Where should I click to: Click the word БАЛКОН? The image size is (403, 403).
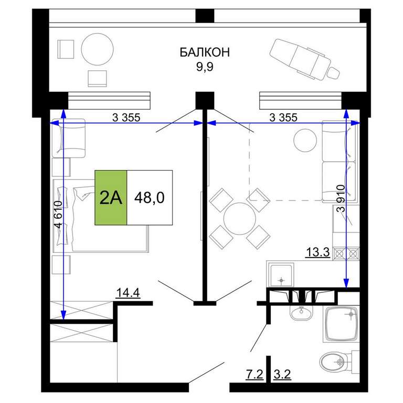pyautogui.click(x=204, y=52)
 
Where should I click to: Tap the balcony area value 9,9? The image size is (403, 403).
pyautogui.click(x=205, y=67)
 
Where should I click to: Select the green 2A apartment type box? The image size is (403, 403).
pyautogui.click(x=111, y=198)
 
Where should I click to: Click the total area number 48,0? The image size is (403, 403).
pyautogui.click(x=150, y=198)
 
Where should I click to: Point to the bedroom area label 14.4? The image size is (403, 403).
pyautogui.click(x=128, y=292)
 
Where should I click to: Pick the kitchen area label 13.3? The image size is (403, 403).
pyautogui.click(x=317, y=252)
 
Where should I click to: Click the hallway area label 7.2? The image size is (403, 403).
pyautogui.click(x=254, y=374)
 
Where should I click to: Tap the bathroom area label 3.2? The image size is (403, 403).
pyautogui.click(x=282, y=374)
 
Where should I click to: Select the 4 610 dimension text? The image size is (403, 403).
pyautogui.click(x=58, y=215)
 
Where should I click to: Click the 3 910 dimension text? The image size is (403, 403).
pyautogui.click(x=341, y=198)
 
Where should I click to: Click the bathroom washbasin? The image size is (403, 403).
pyautogui.click(x=301, y=313)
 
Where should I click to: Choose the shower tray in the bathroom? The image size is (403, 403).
pyautogui.click(x=341, y=324)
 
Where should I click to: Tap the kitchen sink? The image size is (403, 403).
pyautogui.click(x=281, y=274)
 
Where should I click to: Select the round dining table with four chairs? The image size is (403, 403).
pyautogui.click(x=240, y=219)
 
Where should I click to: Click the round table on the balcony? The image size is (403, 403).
pyautogui.click(x=97, y=49)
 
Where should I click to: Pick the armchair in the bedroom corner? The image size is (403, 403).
pyautogui.click(x=69, y=138)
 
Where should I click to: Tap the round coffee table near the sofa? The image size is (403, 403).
pyautogui.click(x=305, y=140)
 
